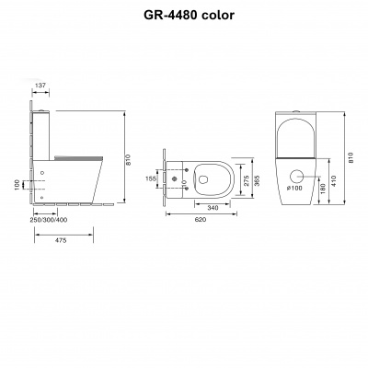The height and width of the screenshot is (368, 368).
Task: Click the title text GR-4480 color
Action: click(x=190, y=15)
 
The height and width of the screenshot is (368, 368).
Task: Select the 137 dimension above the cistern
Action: click(x=40, y=86)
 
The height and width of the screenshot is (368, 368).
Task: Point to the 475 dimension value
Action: click(x=61, y=240)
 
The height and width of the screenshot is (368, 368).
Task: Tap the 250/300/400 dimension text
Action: click(x=49, y=220)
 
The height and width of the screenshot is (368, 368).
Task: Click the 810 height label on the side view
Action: click(x=128, y=160)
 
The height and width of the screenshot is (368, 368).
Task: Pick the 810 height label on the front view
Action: click(x=351, y=157)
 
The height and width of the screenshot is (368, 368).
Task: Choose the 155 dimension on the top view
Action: click(x=151, y=178)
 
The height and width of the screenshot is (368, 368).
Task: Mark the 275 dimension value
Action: click(x=246, y=180)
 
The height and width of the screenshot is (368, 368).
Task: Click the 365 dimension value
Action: click(x=257, y=181)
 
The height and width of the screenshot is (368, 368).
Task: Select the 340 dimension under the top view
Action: click(x=213, y=208)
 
